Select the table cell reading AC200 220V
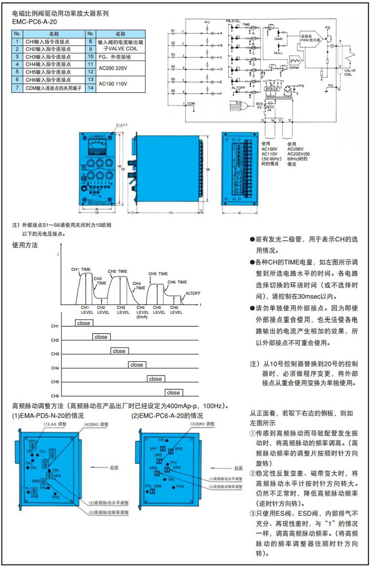tap(114, 68)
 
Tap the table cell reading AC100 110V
tap(114, 83)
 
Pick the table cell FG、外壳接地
tap(115, 57)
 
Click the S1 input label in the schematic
tap(173, 30)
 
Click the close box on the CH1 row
tap(84, 323)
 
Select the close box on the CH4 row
tap(137, 365)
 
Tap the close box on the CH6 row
tap(173, 393)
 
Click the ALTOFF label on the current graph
tap(193, 293)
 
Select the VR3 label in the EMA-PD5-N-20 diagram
tap(53, 450)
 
